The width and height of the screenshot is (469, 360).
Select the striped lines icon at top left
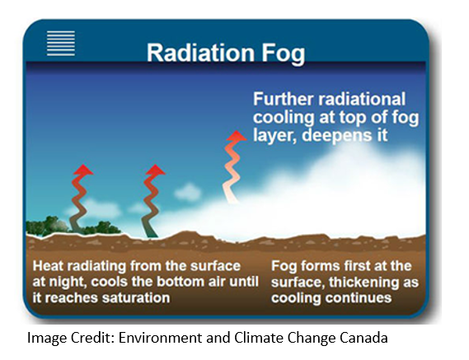(x=61, y=42)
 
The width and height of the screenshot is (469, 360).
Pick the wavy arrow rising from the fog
(x=236, y=165)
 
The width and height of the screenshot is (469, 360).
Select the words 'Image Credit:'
(x=66, y=338)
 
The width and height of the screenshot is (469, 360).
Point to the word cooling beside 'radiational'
(x=284, y=115)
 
